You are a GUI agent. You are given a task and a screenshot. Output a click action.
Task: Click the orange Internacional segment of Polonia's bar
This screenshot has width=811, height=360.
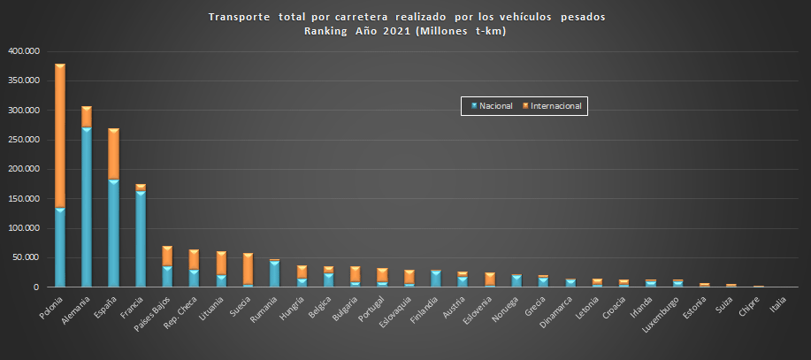pyautogui.click(x=60, y=137)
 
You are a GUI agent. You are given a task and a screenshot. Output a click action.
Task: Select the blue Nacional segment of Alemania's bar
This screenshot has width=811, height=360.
pyautogui.click(x=87, y=208)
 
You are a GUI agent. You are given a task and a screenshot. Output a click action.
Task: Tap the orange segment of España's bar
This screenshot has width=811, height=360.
pyautogui.click(x=113, y=155)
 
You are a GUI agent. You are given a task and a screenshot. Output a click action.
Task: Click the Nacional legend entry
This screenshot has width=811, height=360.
pyautogui.click(x=490, y=106)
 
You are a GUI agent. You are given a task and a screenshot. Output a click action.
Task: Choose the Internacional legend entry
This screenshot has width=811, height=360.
pyautogui.click(x=554, y=106)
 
